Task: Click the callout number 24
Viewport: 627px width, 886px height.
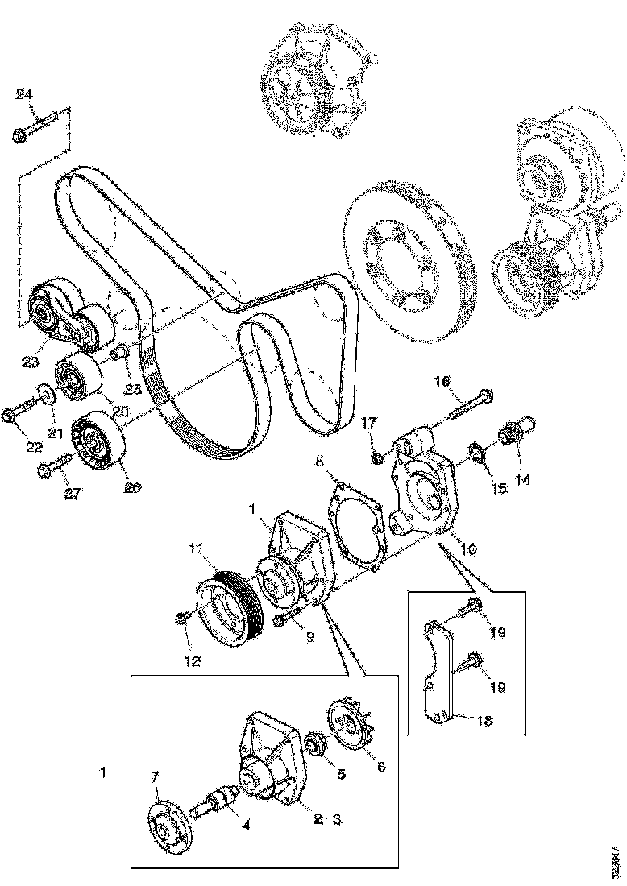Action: tap(24, 95)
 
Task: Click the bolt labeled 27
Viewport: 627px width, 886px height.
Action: tap(51, 466)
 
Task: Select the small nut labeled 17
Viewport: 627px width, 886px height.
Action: tap(377, 458)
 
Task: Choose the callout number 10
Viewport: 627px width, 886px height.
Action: tap(468, 549)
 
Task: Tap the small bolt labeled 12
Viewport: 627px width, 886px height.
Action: tap(184, 618)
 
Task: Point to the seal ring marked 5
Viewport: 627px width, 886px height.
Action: tap(316, 742)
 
